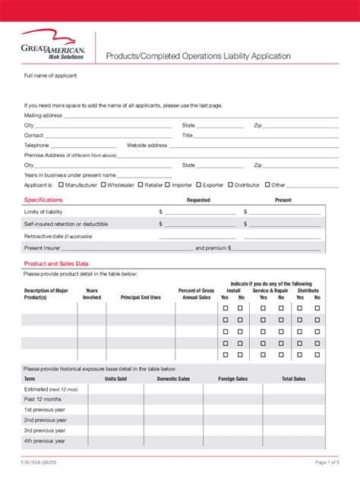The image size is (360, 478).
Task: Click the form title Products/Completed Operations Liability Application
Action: [x=197, y=56]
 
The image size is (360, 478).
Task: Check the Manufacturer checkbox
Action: [x=61, y=184]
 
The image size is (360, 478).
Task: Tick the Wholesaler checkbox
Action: [x=103, y=184]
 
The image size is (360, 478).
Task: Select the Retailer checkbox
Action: [x=141, y=184]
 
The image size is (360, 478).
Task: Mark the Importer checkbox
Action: [x=168, y=184]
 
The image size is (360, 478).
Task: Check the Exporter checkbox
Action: [x=199, y=184]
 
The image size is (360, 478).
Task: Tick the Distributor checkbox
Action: [x=230, y=184]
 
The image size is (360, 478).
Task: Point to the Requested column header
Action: [x=198, y=200]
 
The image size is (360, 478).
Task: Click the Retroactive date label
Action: [x=58, y=237]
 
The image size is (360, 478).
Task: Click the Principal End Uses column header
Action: [x=141, y=298]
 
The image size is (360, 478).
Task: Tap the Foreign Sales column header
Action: [x=232, y=379]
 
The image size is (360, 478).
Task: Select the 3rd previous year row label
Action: [x=45, y=430]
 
